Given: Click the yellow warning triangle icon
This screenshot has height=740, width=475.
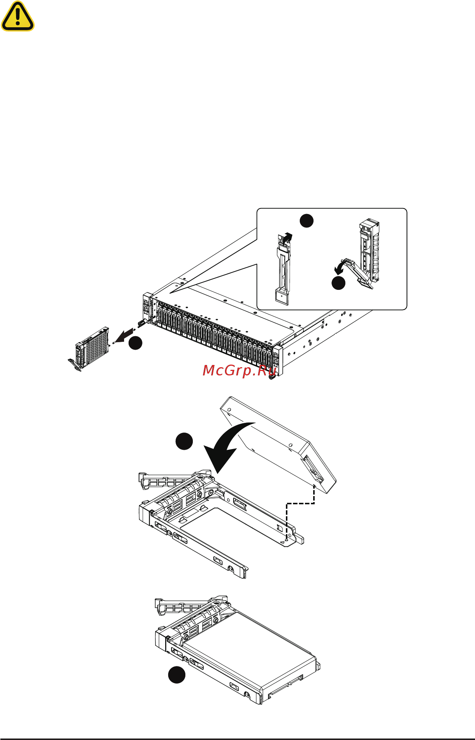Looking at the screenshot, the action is click(x=18, y=16).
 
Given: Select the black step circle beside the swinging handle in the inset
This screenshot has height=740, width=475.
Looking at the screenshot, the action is click(x=339, y=283).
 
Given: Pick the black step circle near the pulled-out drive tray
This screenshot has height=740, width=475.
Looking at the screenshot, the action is click(x=135, y=343).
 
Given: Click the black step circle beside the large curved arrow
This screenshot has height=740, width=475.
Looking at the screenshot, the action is click(x=184, y=441).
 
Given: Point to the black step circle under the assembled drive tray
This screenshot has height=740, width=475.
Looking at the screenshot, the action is click(x=176, y=674).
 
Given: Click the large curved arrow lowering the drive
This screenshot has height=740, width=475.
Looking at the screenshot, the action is click(x=224, y=446).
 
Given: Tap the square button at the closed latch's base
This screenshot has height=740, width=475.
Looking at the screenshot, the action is click(x=281, y=297).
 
